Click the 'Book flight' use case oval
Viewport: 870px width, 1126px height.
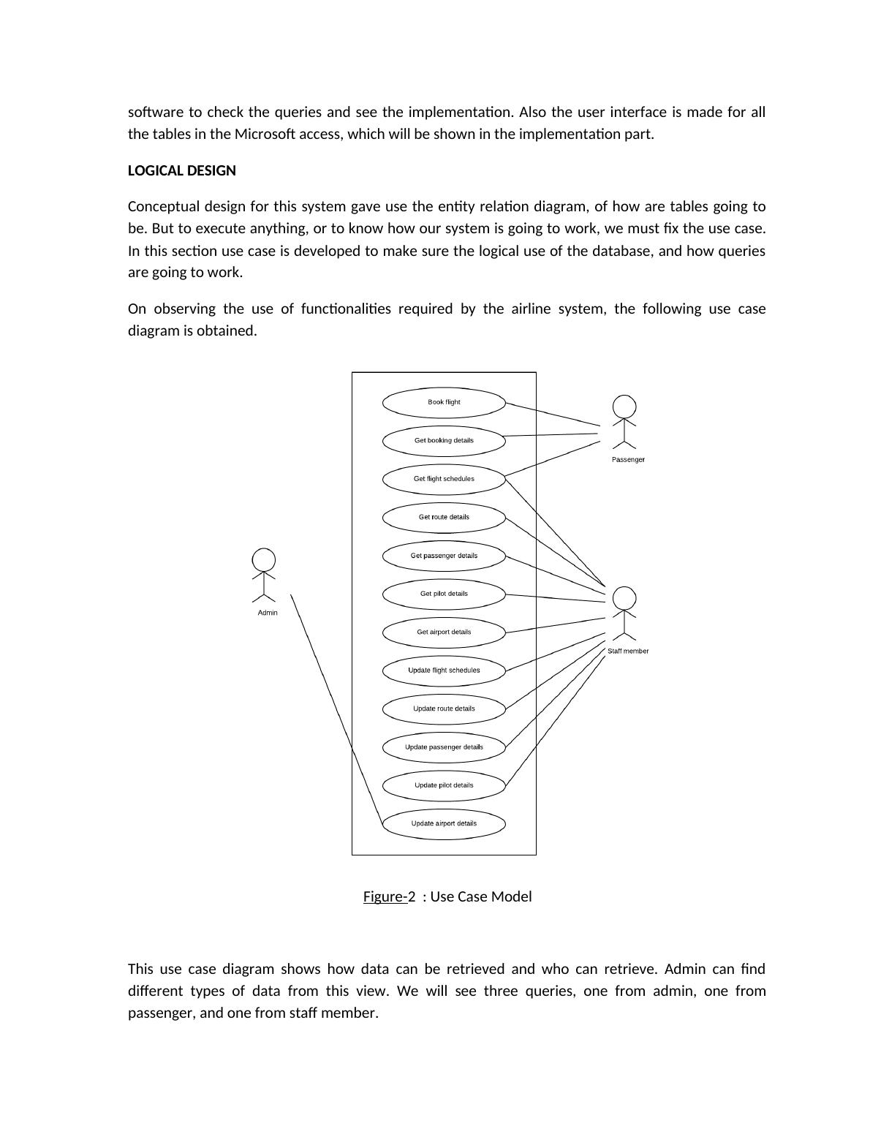click(444, 402)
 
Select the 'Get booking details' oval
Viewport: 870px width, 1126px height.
click(444, 440)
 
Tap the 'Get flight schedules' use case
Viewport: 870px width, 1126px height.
click(444, 479)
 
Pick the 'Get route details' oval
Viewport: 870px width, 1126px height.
click(444, 517)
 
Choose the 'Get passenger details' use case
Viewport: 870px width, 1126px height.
click(444, 556)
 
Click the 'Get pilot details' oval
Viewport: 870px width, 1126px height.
click(444, 594)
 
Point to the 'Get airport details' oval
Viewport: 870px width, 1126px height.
click(444, 632)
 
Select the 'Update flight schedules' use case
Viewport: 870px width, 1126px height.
click(444, 670)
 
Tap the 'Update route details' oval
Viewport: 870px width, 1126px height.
click(444, 709)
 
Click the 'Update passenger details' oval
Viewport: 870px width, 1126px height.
click(444, 747)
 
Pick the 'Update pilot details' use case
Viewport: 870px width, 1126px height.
click(444, 785)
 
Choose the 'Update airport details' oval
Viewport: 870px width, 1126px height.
click(444, 823)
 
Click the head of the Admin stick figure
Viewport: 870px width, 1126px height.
click(264, 560)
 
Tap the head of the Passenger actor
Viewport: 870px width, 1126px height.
click(624, 407)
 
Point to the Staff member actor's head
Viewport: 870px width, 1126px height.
click(624, 598)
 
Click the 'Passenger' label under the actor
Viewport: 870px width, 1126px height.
click(628, 460)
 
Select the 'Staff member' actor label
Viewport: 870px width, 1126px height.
click(628, 651)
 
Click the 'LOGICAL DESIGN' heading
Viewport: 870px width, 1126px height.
click(182, 171)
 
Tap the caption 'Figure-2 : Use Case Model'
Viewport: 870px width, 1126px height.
click(447, 897)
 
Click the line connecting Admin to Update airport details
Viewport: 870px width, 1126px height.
click(336, 709)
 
